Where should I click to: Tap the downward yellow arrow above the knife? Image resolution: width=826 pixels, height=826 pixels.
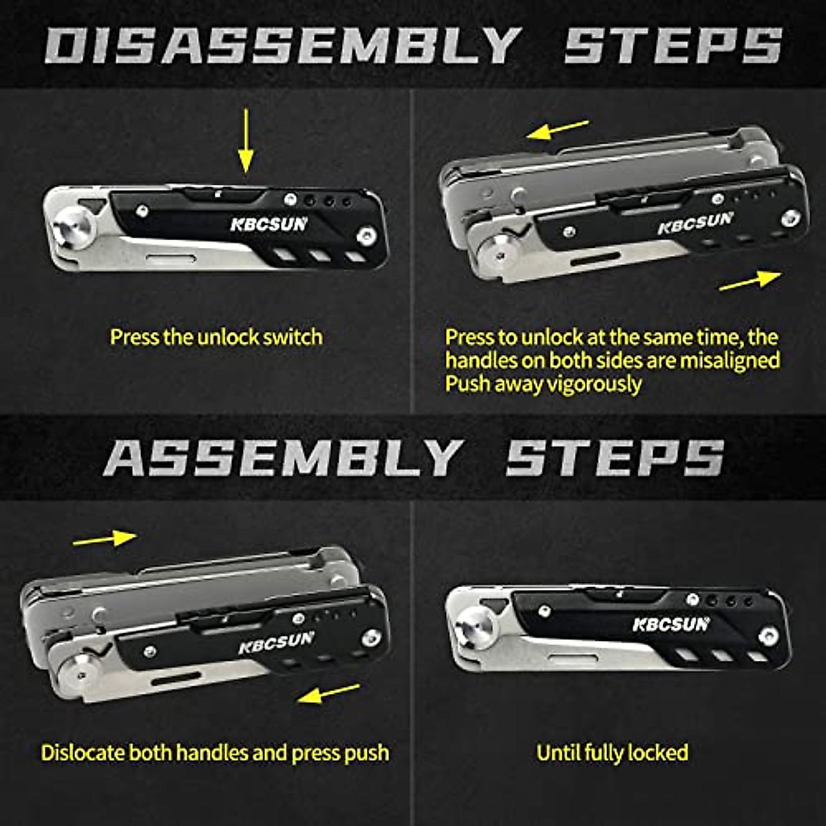tap(246, 141)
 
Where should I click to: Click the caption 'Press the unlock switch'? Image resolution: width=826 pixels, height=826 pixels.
tap(216, 337)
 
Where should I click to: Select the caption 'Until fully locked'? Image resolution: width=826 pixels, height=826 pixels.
tap(612, 752)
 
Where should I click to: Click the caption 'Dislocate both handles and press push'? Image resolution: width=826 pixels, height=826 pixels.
tap(215, 752)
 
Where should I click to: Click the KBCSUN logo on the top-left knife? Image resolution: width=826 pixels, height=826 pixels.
tap(268, 224)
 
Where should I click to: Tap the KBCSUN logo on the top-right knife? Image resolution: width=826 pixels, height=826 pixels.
tap(695, 223)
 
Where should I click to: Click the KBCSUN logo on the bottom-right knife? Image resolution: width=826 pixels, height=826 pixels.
tap(670, 624)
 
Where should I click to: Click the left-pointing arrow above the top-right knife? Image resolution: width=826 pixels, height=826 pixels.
tap(558, 129)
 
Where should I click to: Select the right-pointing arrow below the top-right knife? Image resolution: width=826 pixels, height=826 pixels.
tap(750, 280)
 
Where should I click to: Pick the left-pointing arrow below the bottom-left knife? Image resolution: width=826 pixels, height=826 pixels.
tap(329, 693)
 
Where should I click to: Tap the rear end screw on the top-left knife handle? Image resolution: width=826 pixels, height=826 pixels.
tap(366, 237)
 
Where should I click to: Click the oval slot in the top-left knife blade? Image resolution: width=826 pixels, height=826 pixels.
tap(166, 258)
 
